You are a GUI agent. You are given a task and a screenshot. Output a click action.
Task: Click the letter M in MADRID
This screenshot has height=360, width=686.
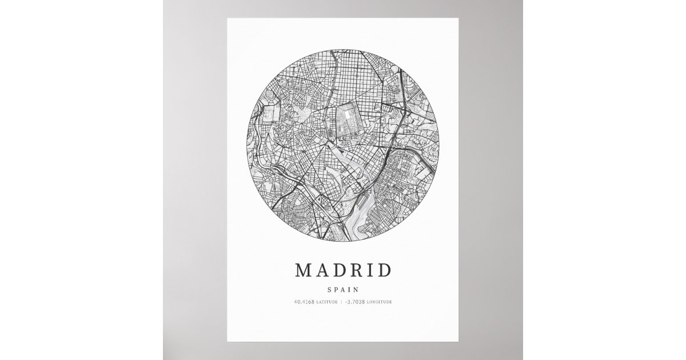(x=304, y=270)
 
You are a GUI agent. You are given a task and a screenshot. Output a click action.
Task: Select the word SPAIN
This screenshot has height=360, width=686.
(x=343, y=290)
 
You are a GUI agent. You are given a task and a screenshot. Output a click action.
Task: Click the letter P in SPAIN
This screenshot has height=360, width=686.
(x=337, y=290)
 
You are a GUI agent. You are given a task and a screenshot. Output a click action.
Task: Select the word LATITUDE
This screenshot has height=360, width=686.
(x=326, y=302)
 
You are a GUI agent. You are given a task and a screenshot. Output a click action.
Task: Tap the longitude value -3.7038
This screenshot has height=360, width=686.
(x=356, y=302)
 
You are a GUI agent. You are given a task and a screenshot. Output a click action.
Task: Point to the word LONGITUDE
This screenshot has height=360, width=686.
(x=379, y=302)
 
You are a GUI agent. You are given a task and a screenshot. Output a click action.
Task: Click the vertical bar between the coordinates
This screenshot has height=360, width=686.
(x=341, y=302)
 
